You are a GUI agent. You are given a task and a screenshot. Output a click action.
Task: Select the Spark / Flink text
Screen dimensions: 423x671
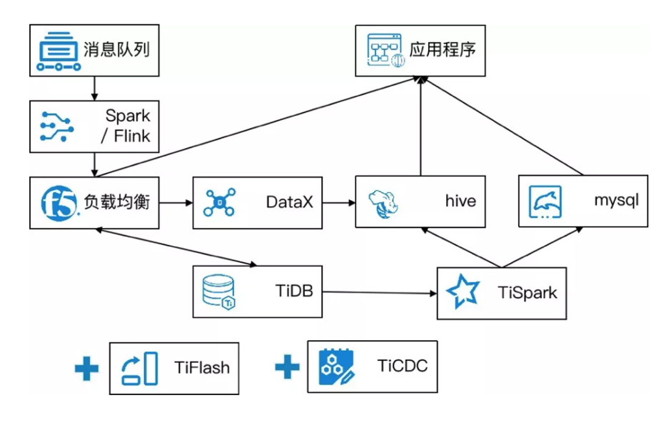[127, 126]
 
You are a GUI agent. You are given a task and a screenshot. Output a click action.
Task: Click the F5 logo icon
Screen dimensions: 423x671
[58, 203]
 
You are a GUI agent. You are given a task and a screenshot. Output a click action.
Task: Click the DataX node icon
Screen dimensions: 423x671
[219, 202]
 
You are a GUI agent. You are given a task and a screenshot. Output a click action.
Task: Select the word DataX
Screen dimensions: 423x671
[289, 202]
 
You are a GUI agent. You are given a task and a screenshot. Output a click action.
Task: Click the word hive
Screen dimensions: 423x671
[460, 202]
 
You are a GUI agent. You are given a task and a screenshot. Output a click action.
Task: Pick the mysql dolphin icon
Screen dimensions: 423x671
[545, 201]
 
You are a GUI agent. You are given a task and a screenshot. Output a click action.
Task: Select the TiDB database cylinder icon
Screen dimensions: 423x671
[218, 292]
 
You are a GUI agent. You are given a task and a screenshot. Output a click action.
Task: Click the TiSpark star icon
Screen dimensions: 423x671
[462, 293]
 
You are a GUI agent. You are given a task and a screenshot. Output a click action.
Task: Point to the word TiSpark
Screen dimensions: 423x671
[528, 293]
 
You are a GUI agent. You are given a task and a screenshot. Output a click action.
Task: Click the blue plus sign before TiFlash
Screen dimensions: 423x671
[87, 369]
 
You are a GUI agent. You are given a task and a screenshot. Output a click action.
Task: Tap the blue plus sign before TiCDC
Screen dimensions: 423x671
[287, 367]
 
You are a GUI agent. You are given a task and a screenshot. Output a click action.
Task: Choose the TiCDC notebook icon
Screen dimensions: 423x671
[335, 367]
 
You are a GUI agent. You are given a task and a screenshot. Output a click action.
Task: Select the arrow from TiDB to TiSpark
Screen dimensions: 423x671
[378, 292]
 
